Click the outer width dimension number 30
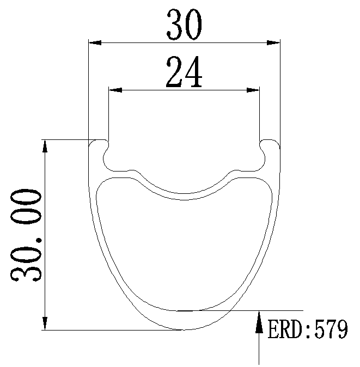(x=184, y=25)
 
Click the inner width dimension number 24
(x=184, y=72)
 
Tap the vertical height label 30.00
(x=26, y=235)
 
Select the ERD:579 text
(x=308, y=329)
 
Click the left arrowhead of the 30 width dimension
(x=95, y=42)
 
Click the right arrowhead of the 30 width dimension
(x=273, y=42)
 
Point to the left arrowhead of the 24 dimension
(x=115, y=90)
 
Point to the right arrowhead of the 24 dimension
(x=253, y=90)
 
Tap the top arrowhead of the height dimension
(x=45, y=146)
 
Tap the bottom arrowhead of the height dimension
(x=45, y=323)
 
